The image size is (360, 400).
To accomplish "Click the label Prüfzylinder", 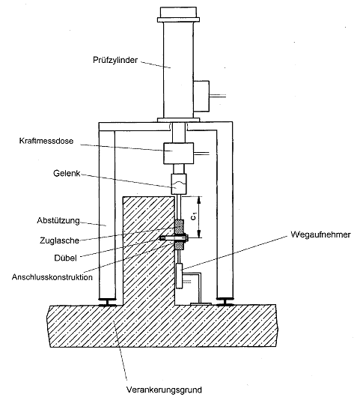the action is tap(115, 60).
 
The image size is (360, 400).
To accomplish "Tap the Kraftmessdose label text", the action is tap(46, 141).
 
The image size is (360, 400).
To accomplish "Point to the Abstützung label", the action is tap(58, 220).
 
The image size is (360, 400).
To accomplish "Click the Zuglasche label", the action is tap(59, 240).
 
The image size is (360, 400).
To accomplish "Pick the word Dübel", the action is tap(65, 258).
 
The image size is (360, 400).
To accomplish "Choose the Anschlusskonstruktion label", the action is tap(52, 277).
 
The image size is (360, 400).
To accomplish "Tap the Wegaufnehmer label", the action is tap(320, 234).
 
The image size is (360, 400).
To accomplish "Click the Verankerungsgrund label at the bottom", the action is tap(164, 390).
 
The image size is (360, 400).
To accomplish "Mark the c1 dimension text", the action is tap(194, 216).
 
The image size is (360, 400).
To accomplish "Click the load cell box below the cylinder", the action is tap(178, 153).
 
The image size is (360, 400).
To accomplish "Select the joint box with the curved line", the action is tap(178, 184).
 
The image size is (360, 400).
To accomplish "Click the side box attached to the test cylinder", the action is tap(201, 96).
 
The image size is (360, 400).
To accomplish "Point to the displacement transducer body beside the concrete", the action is tap(180, 276).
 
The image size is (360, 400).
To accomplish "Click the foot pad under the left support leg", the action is tap(107, 302).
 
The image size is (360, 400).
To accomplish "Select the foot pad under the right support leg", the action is tap(225, 301).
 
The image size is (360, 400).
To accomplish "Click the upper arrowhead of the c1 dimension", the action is tap(200, 199).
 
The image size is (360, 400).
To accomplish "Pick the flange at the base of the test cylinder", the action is tap(178, 120).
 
